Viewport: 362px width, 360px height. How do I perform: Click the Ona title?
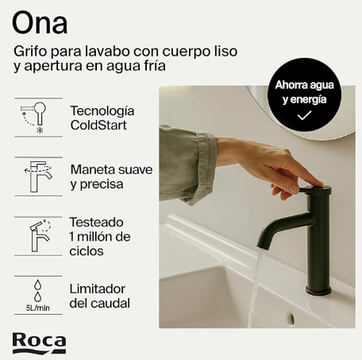[x=39, y=21]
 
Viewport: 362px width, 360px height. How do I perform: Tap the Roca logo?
[x=39, y=342]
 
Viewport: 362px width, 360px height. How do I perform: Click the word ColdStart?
[x=98, y=126]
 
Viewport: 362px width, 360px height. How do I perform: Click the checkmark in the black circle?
[x=303, y=116]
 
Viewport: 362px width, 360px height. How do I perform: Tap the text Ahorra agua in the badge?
[x=302, y=85]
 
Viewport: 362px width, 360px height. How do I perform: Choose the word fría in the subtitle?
[x=150, y=67]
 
